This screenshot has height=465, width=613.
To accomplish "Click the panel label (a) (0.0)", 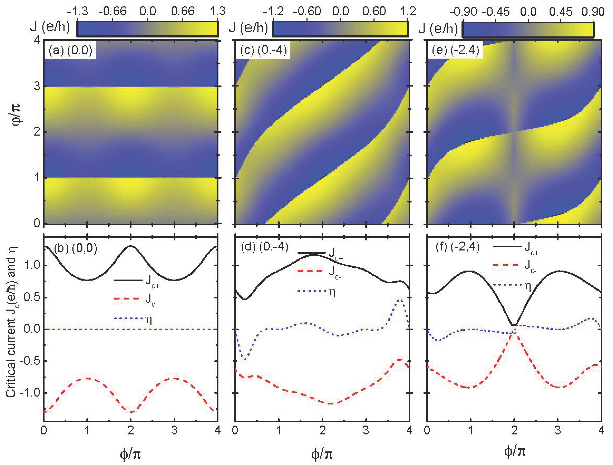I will click(x=70, y=51).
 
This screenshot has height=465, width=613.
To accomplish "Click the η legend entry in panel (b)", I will click(x=133, y=319).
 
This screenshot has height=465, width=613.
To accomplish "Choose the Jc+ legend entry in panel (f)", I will click(x=516, y=247).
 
